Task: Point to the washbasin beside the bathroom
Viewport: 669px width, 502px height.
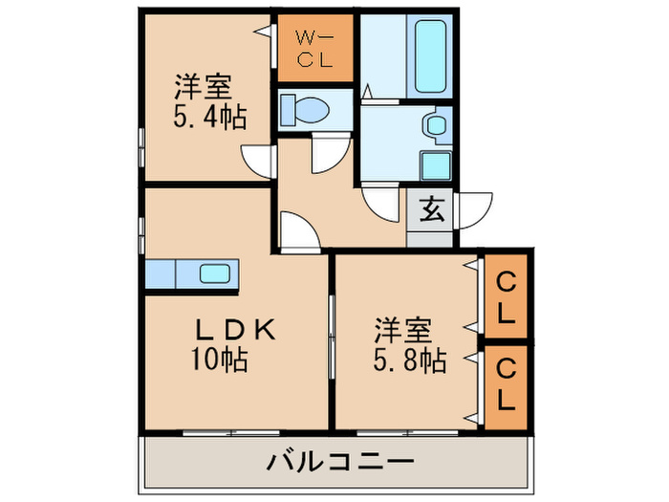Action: [x=436, y=124]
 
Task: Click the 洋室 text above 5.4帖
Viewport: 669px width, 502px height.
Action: [x=203, y=88]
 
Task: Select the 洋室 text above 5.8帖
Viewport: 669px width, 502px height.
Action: [x=401, y=332]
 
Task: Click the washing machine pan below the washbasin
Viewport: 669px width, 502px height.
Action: [x=436, y=164]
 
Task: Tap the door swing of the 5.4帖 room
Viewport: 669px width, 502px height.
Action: [x=258, y=160]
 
